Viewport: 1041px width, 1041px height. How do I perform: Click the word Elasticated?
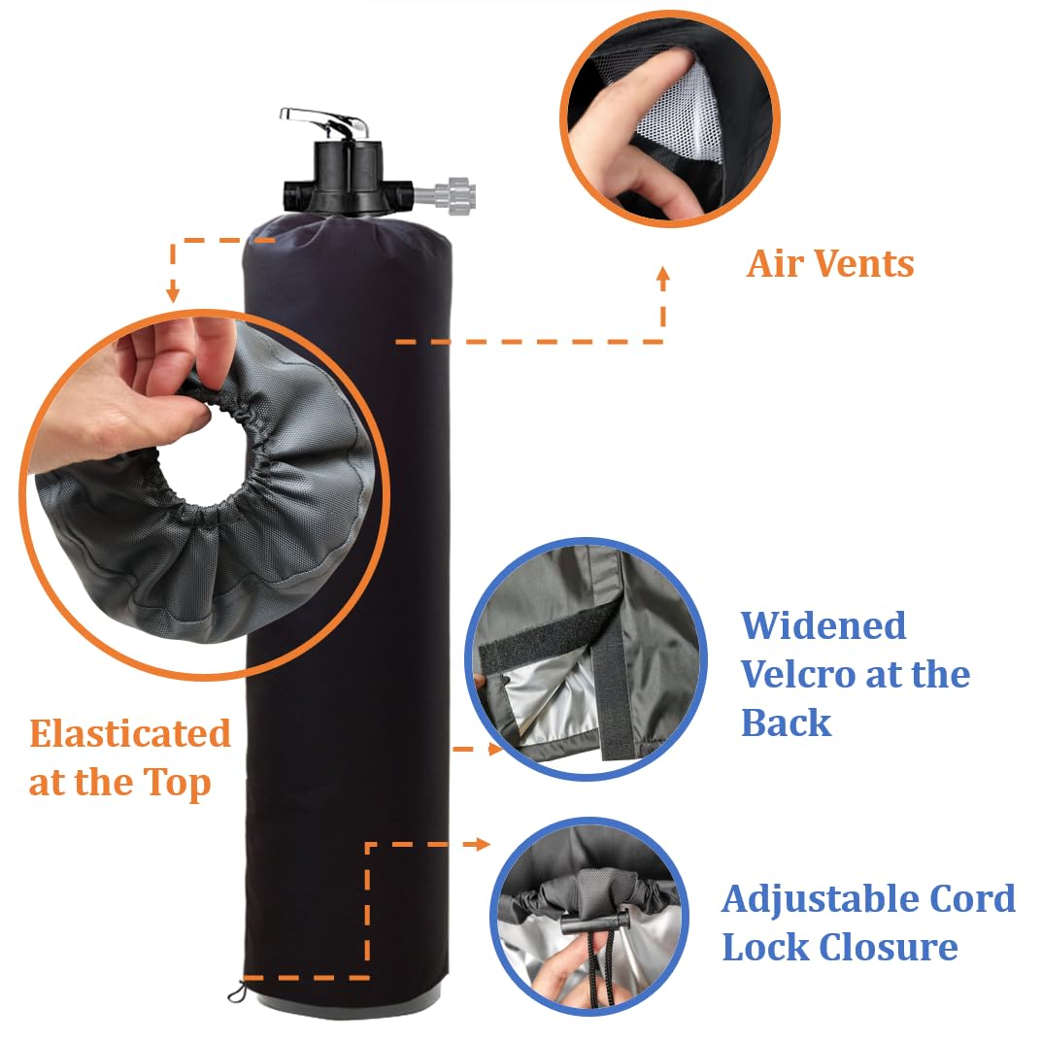(130, 734)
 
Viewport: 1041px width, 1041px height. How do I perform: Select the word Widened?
(823, 626)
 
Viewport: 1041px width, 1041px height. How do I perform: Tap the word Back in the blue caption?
(787, 723)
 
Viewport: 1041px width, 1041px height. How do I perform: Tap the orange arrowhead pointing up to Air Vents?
(663, 276)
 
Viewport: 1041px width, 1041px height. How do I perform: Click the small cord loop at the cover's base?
(236, 992)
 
